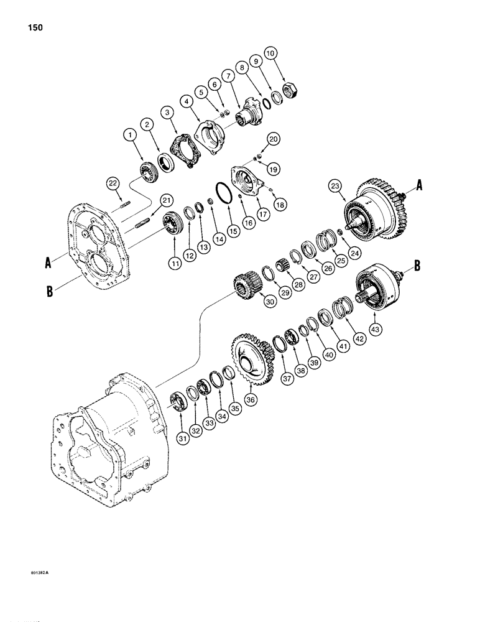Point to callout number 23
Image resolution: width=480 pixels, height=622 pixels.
[x=336, y=185]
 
